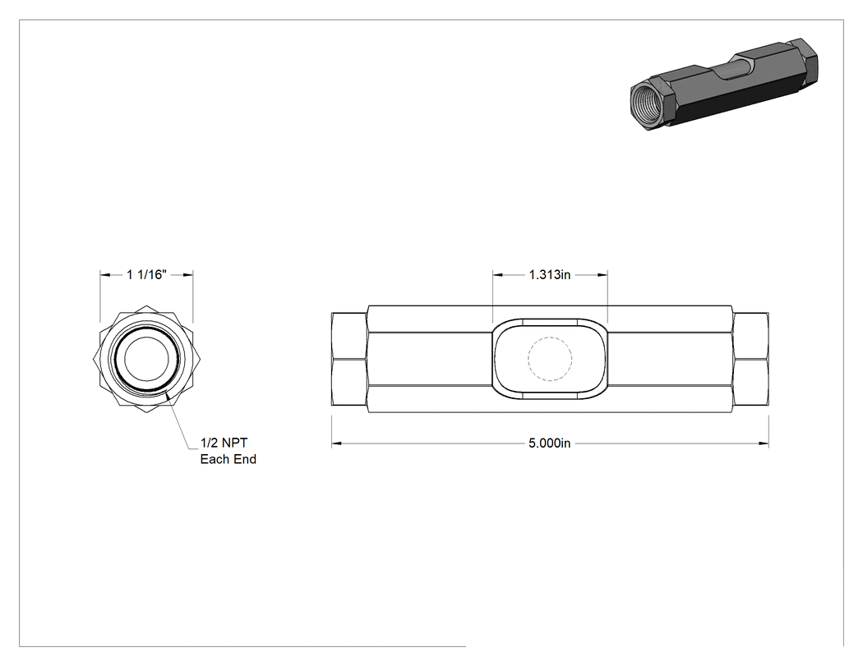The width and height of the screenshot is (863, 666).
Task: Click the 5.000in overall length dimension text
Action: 549,443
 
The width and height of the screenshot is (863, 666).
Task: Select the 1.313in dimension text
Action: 549,274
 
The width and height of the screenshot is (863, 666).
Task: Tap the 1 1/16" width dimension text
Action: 146,274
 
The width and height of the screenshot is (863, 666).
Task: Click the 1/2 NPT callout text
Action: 224,443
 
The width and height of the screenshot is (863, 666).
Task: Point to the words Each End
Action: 228,459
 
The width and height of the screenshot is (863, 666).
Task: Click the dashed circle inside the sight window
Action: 550,359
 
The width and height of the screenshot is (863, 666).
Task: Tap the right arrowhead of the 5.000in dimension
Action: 764,443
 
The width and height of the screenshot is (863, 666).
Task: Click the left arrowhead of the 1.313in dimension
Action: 497,274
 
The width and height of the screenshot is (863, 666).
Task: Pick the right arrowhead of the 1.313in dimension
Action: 603,274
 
